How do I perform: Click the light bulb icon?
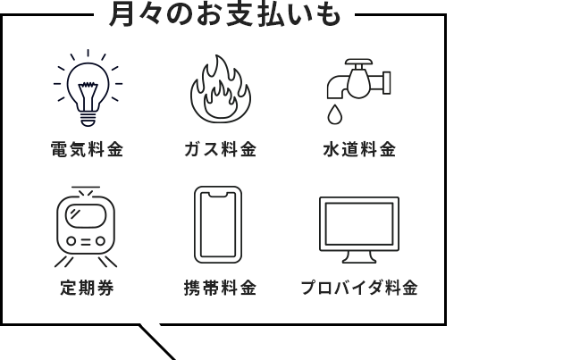coord(88,88)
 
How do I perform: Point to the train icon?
coord(86,227)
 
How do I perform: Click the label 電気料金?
coord(88,149)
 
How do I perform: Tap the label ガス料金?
coord(221,149)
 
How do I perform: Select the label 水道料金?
coord(359,149)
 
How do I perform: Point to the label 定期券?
coord(87,288)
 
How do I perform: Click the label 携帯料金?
coord(221,288)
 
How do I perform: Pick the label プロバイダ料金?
coord(359,288)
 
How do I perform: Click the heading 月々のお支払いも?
coord(225,14)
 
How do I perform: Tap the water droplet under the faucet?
coord(334,114)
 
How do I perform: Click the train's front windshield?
coord(86,215)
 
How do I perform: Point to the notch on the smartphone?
coord(218,195)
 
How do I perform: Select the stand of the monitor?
coord(359,257)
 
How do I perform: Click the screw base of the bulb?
coord(88,119)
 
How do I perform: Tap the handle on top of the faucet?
coord(358,63)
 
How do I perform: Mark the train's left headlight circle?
coord(71,241)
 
